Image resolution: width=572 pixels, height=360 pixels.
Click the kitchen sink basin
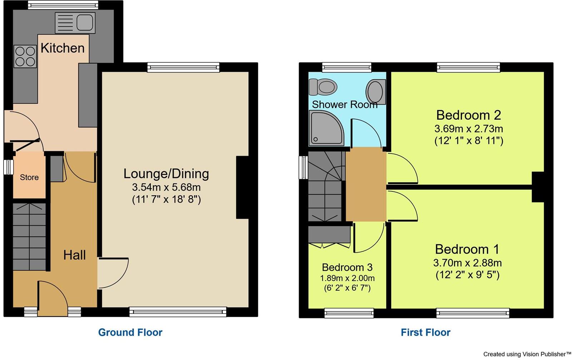(x=85, y=22)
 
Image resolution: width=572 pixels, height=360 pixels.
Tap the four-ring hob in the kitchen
(x=25, y=56)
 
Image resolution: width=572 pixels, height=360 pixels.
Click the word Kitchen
(x=63, y=48)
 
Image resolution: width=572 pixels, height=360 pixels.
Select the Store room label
(x=29, y=177)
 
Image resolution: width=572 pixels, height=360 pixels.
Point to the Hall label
(x=74, y=255)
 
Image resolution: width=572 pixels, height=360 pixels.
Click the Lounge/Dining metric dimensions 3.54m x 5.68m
(x=166, y=187)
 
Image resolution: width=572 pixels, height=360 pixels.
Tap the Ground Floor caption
(x=130, y=332)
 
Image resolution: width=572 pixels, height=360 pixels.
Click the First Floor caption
(x=426, y=332)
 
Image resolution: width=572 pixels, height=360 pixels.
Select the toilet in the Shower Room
(x=323, y=87)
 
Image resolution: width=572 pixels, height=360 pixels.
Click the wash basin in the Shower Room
(x=375, y=92)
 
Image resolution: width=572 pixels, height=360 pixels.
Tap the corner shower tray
(x=326, y=128)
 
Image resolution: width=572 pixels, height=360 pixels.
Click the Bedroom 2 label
(x=469, y=115)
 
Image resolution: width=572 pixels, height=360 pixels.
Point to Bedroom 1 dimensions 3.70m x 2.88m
(x=467, y=263)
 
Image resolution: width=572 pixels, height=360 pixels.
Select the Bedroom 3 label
(x=347, y=267)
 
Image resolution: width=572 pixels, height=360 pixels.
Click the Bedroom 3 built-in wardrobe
(x=329, y=236)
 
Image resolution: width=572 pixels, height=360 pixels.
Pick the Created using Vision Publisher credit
(x=527, y=354)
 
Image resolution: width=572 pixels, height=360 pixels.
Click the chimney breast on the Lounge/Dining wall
(x=243, y=187)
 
